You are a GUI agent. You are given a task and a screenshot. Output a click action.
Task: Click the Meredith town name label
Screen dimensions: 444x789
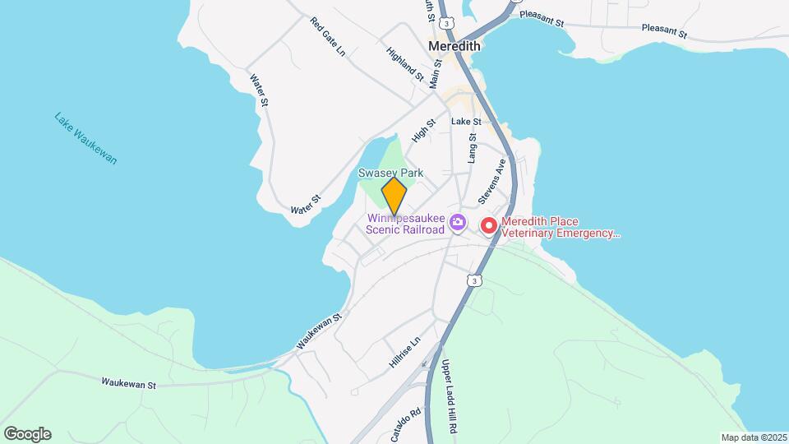pyautogui.click(x=454, y=47)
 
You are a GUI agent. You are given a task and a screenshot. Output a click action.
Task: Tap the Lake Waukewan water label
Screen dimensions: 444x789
pyautogui.click(x=86, y=138)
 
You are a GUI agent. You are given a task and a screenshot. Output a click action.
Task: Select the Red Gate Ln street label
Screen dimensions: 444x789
pyautogui.click(x=330, y=37)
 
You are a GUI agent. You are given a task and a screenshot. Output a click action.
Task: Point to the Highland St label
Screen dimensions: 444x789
pyautogui.click(x=404, y=64)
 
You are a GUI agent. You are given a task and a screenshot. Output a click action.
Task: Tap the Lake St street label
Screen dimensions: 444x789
pyautogui.click(x=466, y=122)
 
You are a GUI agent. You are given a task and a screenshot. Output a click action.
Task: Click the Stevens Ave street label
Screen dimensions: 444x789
pyautogui.click(x=491, y=183)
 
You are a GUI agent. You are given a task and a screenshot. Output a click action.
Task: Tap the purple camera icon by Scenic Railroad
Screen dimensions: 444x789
pyautogui.click(x=459, y=223)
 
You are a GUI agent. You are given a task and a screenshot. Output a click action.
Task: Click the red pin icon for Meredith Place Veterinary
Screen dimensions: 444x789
pyautogui.click(x=489, y=224)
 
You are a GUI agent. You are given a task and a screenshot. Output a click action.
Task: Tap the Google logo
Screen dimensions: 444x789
pyautogui.click(x=27, y=434)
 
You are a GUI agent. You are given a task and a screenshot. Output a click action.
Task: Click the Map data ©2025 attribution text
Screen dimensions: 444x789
pyautogui.click(x=753, y=437)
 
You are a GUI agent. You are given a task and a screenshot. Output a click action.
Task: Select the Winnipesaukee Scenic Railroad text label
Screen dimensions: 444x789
pyautogui.click(x=405, y=224)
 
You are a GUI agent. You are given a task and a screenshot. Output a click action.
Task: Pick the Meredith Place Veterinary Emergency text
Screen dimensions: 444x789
pyautogui.click(x=561, y=226)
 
